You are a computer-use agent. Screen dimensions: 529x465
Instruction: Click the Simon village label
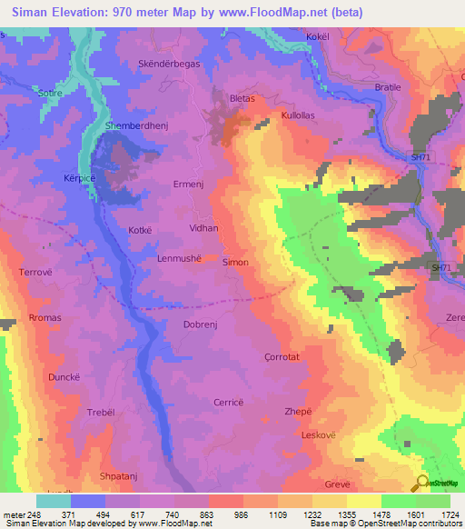[235, 262]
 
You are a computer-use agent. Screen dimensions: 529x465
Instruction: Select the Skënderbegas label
[169, 65]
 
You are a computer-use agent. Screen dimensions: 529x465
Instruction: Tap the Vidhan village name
[203, 228]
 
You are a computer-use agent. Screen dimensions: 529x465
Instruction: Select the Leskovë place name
[320, 435]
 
